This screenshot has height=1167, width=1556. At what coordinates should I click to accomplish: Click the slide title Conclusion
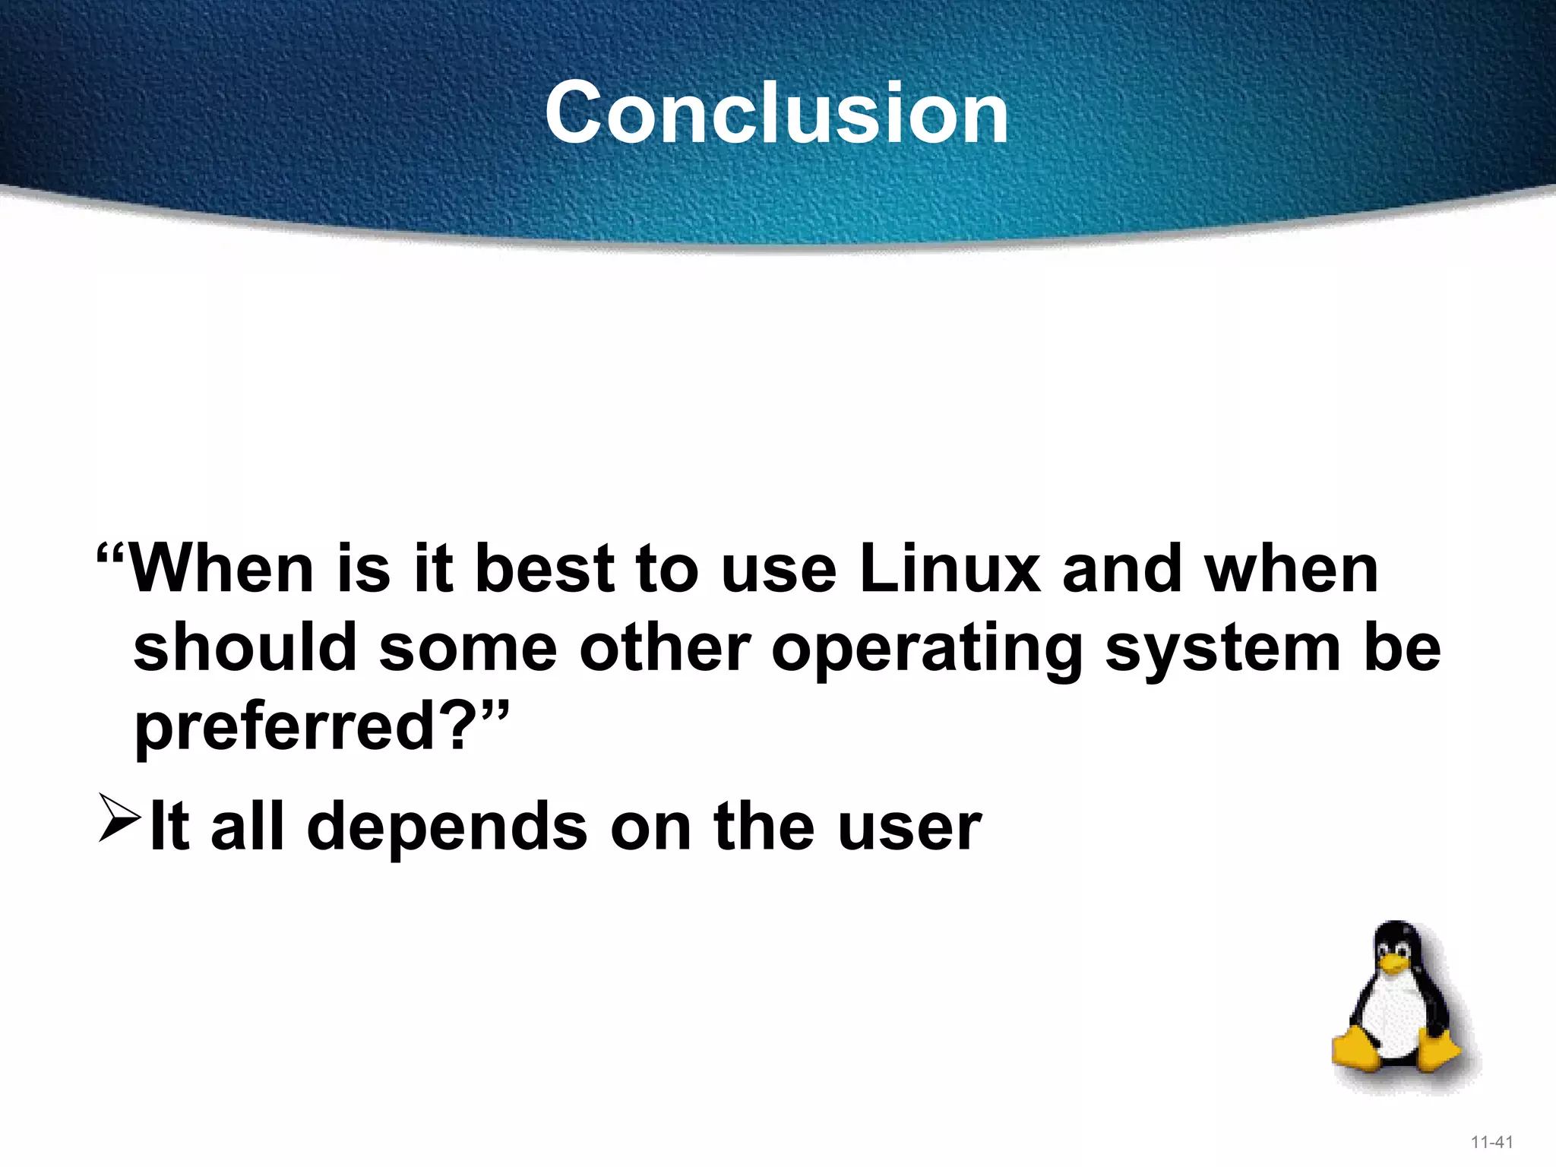pyautogui.click(x=776, y=113)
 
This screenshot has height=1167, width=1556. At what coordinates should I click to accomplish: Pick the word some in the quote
pyautogui.click(x=468, y=649)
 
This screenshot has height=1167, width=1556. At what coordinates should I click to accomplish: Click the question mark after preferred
pyautogui.click(x=457, y=725)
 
